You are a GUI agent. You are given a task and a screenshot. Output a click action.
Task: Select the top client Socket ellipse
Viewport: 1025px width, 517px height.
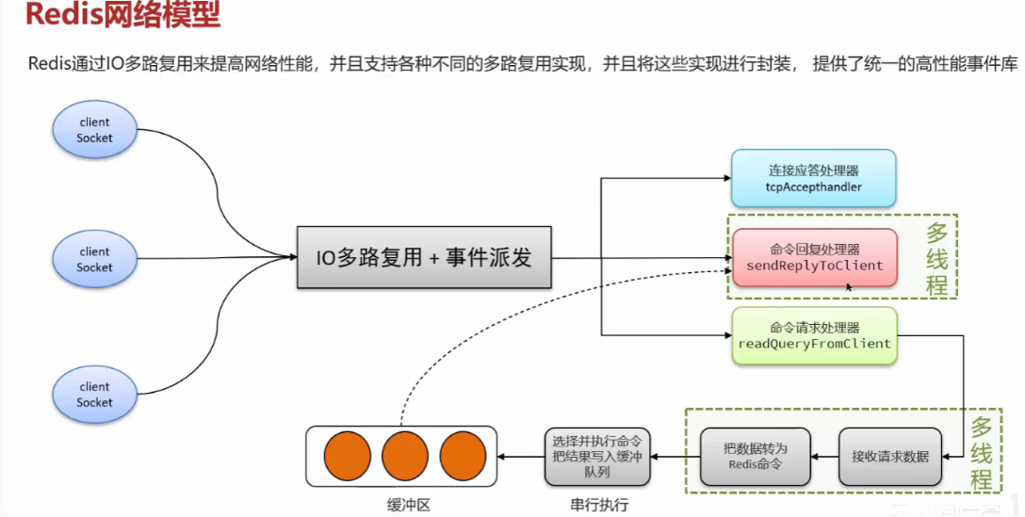pos(94,130)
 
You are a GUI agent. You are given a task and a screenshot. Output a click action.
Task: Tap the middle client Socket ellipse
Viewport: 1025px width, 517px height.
pos(94,259)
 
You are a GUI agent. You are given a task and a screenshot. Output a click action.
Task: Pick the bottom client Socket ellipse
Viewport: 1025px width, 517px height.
pos(94,394)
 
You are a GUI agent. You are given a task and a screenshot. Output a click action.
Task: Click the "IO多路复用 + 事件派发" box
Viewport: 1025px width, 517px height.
pos(424,256)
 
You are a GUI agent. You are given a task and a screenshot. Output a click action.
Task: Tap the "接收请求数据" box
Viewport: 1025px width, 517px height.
pos(889,456)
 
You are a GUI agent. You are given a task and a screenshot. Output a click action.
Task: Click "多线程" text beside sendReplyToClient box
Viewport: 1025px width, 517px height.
pos(936,259)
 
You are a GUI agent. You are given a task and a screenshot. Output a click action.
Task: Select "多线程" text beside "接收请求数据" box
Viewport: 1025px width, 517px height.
pos(982,452)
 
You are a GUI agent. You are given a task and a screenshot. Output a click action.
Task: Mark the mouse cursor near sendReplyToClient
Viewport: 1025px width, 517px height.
pos(849,285)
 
